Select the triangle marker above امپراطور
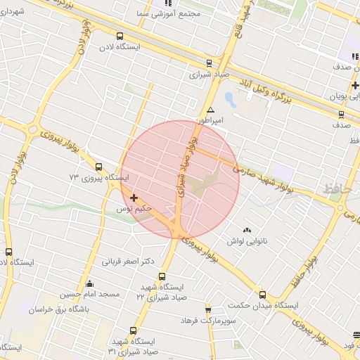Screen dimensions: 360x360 click(x=210, y=110)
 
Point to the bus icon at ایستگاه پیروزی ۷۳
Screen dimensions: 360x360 click(x=98, y=167)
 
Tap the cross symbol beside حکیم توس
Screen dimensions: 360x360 click(x=134, y=198)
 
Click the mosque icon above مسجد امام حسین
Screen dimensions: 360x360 click(x=89, y=284)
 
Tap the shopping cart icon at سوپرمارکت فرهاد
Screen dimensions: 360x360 click(x=208, y=310)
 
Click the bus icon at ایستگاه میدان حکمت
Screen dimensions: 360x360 click(x=262, y=295)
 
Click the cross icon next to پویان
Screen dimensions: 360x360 click(x=355, y=86)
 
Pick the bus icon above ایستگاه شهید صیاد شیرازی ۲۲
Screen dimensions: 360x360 click(x=162, y=276)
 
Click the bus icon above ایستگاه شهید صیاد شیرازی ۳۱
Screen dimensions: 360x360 click(x=134, y=330)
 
